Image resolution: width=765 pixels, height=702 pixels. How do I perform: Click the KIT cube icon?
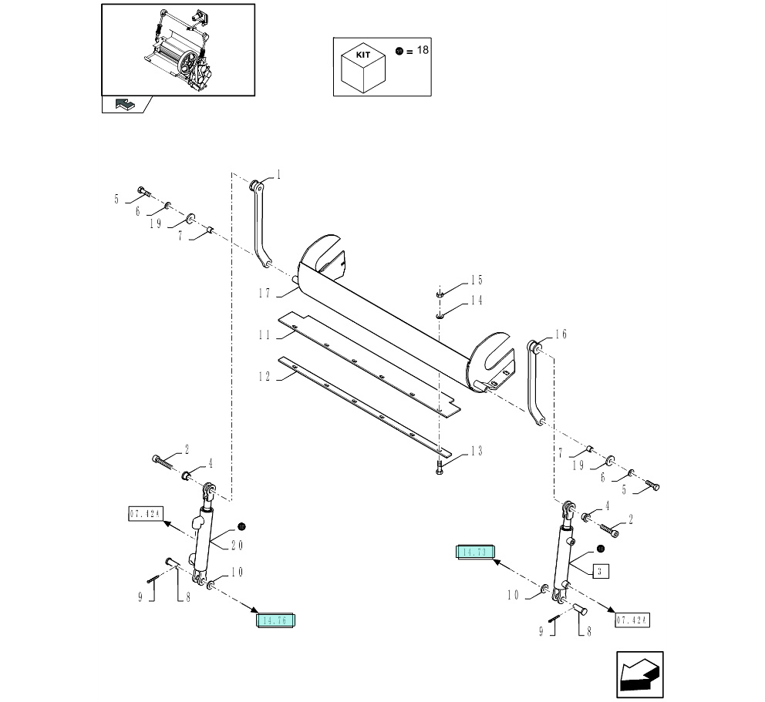tap(363, 67)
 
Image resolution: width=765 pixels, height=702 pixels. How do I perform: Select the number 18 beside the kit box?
tap(422, 50)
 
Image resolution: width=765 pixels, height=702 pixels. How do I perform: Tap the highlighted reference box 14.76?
tap(277, 620)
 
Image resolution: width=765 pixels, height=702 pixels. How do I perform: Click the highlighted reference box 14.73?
tap(474, 552)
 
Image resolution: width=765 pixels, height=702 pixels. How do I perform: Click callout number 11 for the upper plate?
tap(264, 335)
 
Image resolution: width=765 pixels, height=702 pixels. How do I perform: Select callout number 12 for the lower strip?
tap(264, 377)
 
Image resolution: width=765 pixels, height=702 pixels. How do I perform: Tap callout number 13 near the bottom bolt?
tap(476, 451)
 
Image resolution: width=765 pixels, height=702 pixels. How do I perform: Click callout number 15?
tap(476, 280)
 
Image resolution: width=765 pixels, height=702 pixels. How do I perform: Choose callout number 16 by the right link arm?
tap(561, 334)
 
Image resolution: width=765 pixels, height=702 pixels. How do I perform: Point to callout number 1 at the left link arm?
tap(278, 175)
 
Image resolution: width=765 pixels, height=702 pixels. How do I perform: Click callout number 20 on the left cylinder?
tap(237, 545)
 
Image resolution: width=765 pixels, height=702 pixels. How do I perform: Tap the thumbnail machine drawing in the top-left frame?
tap(179, 49)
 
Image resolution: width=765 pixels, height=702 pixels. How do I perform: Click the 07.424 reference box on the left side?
tap(144, 513)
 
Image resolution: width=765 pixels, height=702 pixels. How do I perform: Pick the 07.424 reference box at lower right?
tap(632, 620)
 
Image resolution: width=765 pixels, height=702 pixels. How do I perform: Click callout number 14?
tap(476, 301)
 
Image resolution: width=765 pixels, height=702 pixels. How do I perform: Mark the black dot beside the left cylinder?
tap(241, 526)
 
